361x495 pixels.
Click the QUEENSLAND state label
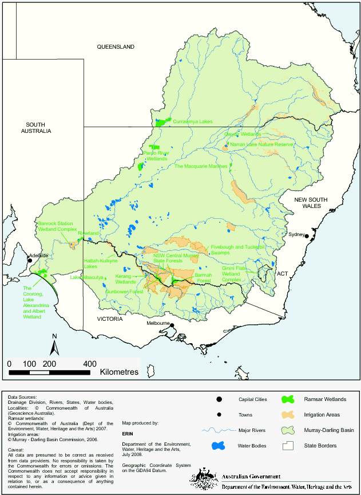click(x=116, y=46)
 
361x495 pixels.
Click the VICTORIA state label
click(x=109, y=319)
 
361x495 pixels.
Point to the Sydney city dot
click(x=307, y=236)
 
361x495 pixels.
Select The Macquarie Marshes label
click(x=201, y=166)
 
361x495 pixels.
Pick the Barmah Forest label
click(x=204, y=278)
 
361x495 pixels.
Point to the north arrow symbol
click(x=53, y=345)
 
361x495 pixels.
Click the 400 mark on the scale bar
click(x=89, y=364)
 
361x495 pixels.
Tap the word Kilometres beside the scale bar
click(x=119, y=372)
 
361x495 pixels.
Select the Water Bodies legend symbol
click(x=218, y=446)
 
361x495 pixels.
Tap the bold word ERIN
click(x=128, y=434)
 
